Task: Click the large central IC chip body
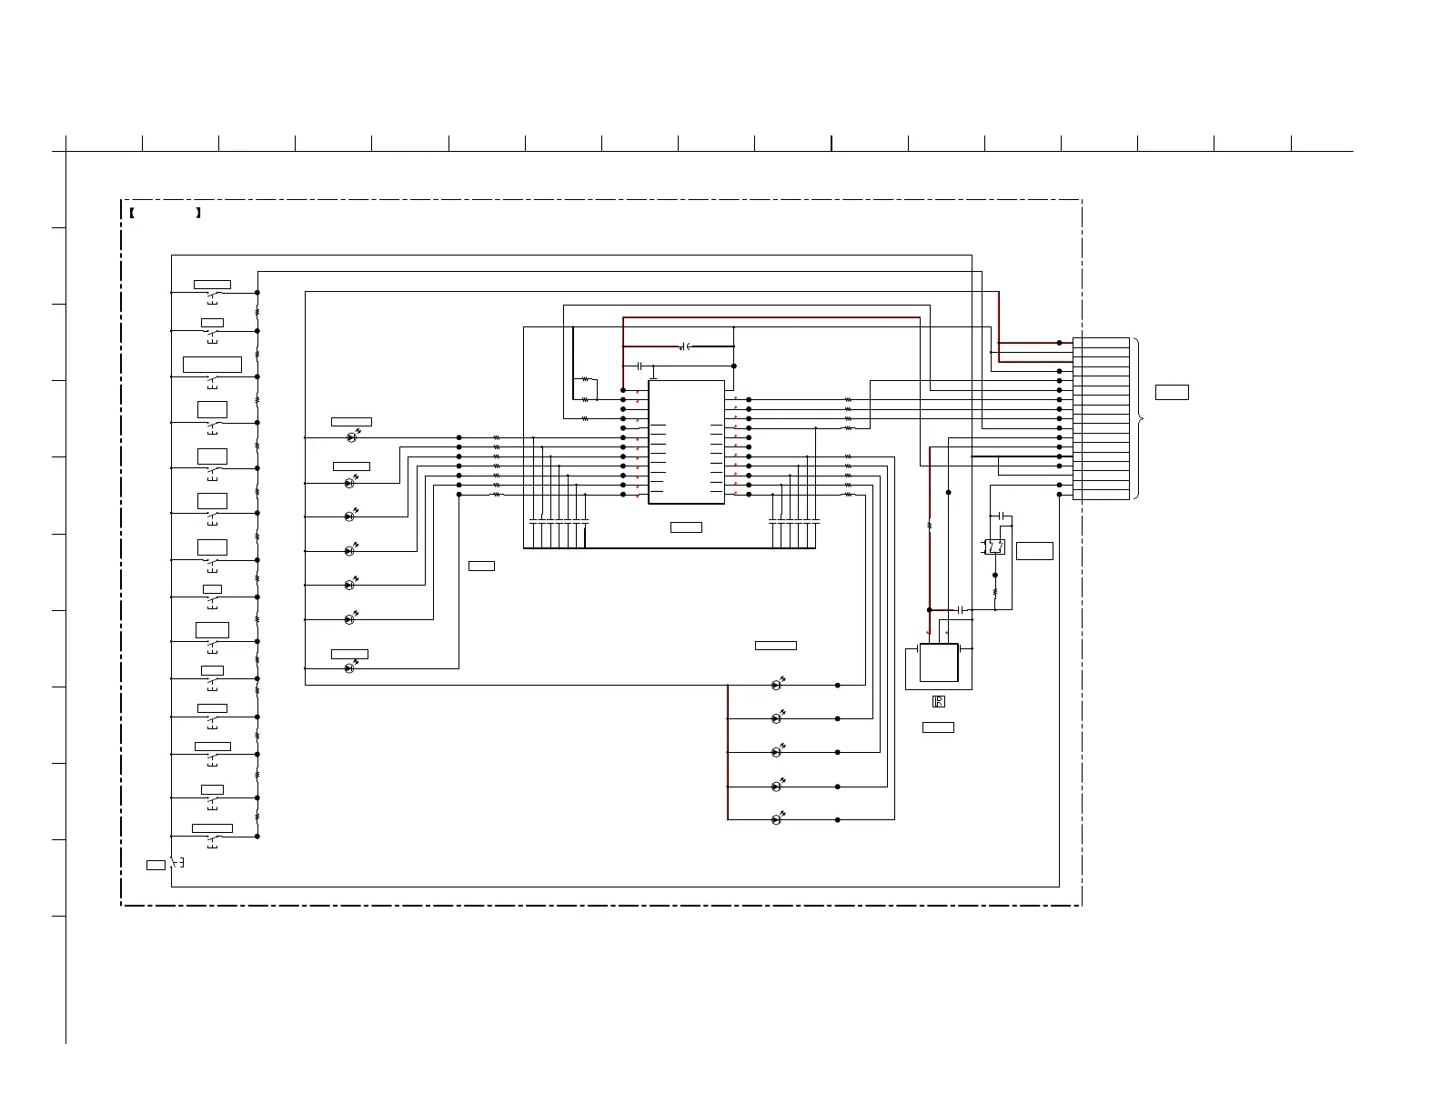click(686, 442)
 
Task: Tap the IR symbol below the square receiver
click(939, 702)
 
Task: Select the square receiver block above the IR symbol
click(939, 663)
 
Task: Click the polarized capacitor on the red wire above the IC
click(686, 346)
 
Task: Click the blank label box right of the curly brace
click(1172, 393)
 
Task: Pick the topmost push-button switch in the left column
click(213, 296)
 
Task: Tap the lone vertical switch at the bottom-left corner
click(176, 863)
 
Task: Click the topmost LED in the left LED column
click(352, 437)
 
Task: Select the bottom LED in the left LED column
click(350, 668)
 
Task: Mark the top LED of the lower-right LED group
click(776, 685)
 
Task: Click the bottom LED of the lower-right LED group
click(776, 819)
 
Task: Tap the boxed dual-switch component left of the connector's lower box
click(995, 546)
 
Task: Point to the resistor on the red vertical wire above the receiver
click(929, 525)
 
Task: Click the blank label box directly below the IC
click(686, 527)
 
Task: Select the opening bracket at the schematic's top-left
click(132, 214)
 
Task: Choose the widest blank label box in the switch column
click(212, 365)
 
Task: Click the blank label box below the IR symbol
click(938, 727)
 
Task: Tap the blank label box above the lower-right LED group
click(775, 646)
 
